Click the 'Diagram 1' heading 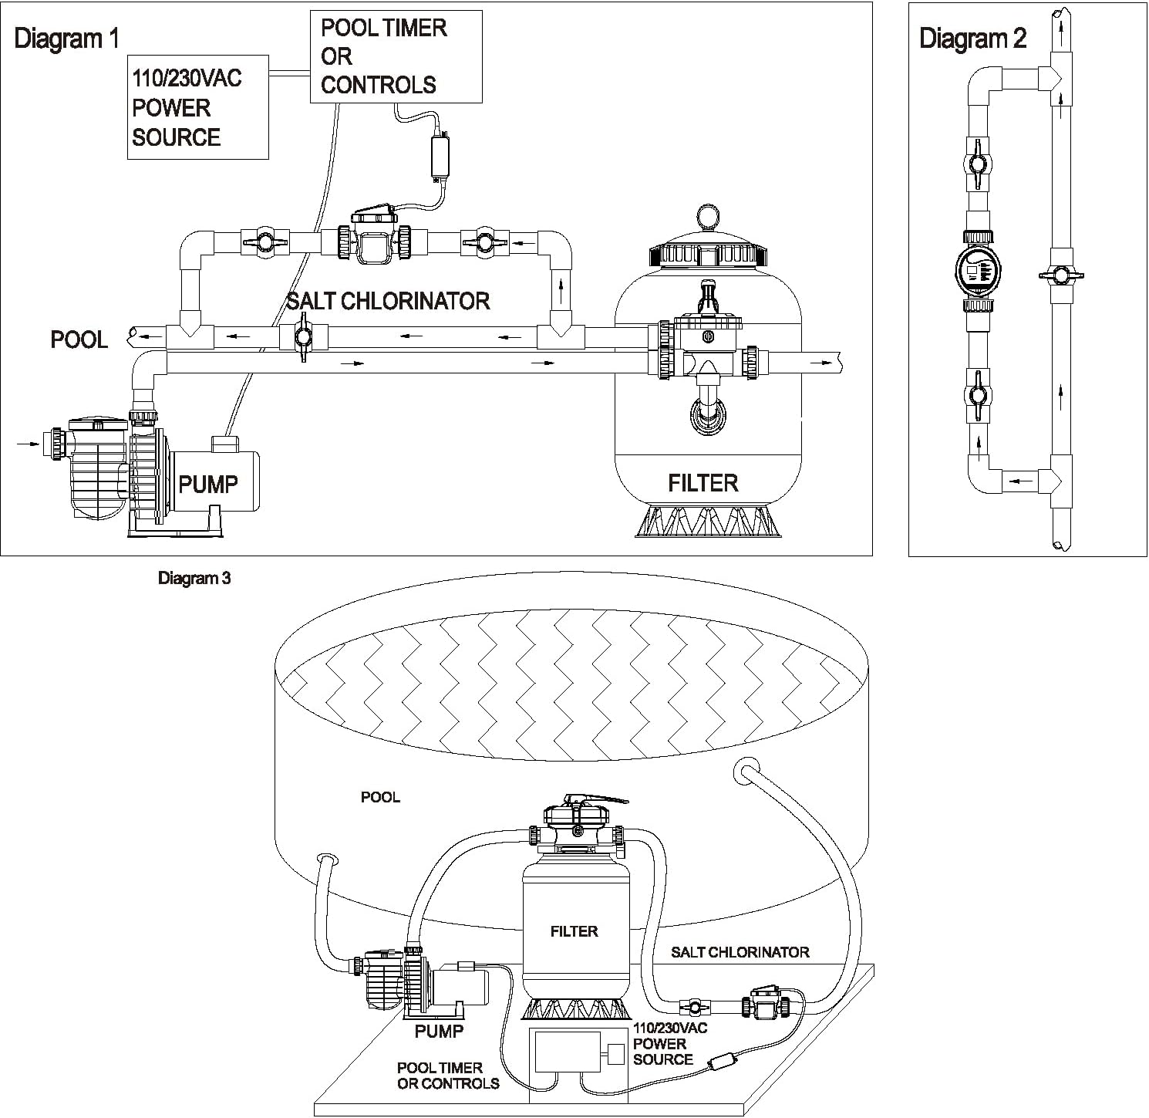coord(67,39)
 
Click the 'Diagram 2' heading coord(972,39)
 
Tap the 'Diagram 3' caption coord(194,578)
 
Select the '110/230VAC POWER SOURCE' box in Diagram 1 coord(197,107)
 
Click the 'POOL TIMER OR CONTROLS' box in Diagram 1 coord(396,56)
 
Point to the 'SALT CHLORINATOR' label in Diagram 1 coord(388,301)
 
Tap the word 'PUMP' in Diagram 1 coord(208,485)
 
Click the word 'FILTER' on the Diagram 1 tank coord(703,483)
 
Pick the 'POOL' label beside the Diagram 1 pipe coord(79,339)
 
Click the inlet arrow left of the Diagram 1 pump coord(28,443)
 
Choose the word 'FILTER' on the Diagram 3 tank coord(574,931)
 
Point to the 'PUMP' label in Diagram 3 coord(439,1031)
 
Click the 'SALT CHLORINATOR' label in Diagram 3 coord(740,952)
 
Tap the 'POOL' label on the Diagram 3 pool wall coord(380,797)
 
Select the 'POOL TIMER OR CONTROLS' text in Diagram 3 coord(448,1076)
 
